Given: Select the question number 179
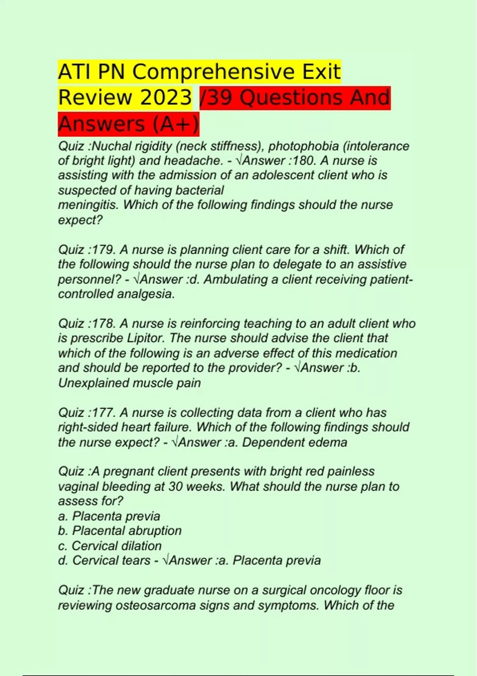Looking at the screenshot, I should (104, 250).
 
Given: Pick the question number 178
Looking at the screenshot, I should (104, 324).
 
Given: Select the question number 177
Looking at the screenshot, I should (104, 413).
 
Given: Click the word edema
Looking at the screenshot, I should (330, 443).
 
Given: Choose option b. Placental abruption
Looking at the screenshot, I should (120, 531).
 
